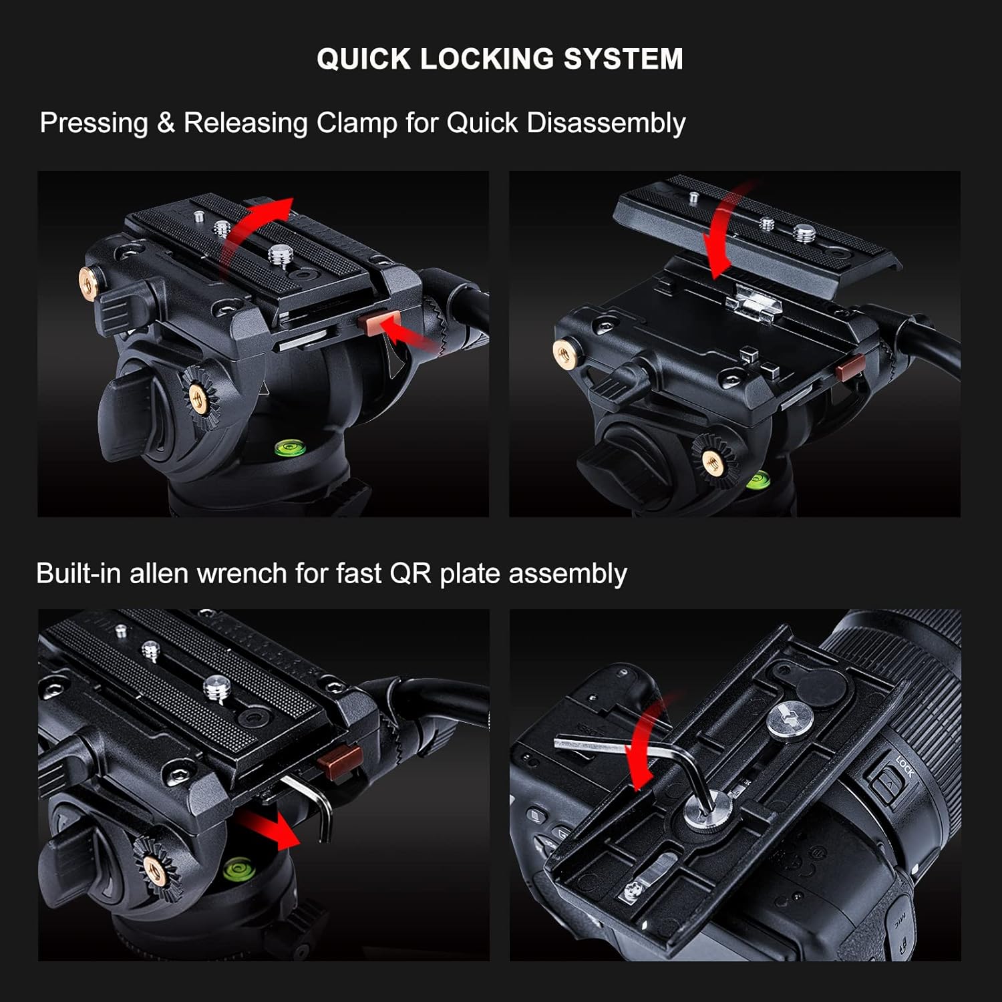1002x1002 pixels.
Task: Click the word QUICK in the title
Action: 363,59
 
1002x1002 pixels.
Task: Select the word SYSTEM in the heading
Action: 623,59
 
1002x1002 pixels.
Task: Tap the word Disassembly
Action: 606,124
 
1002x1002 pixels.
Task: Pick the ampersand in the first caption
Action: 166,123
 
